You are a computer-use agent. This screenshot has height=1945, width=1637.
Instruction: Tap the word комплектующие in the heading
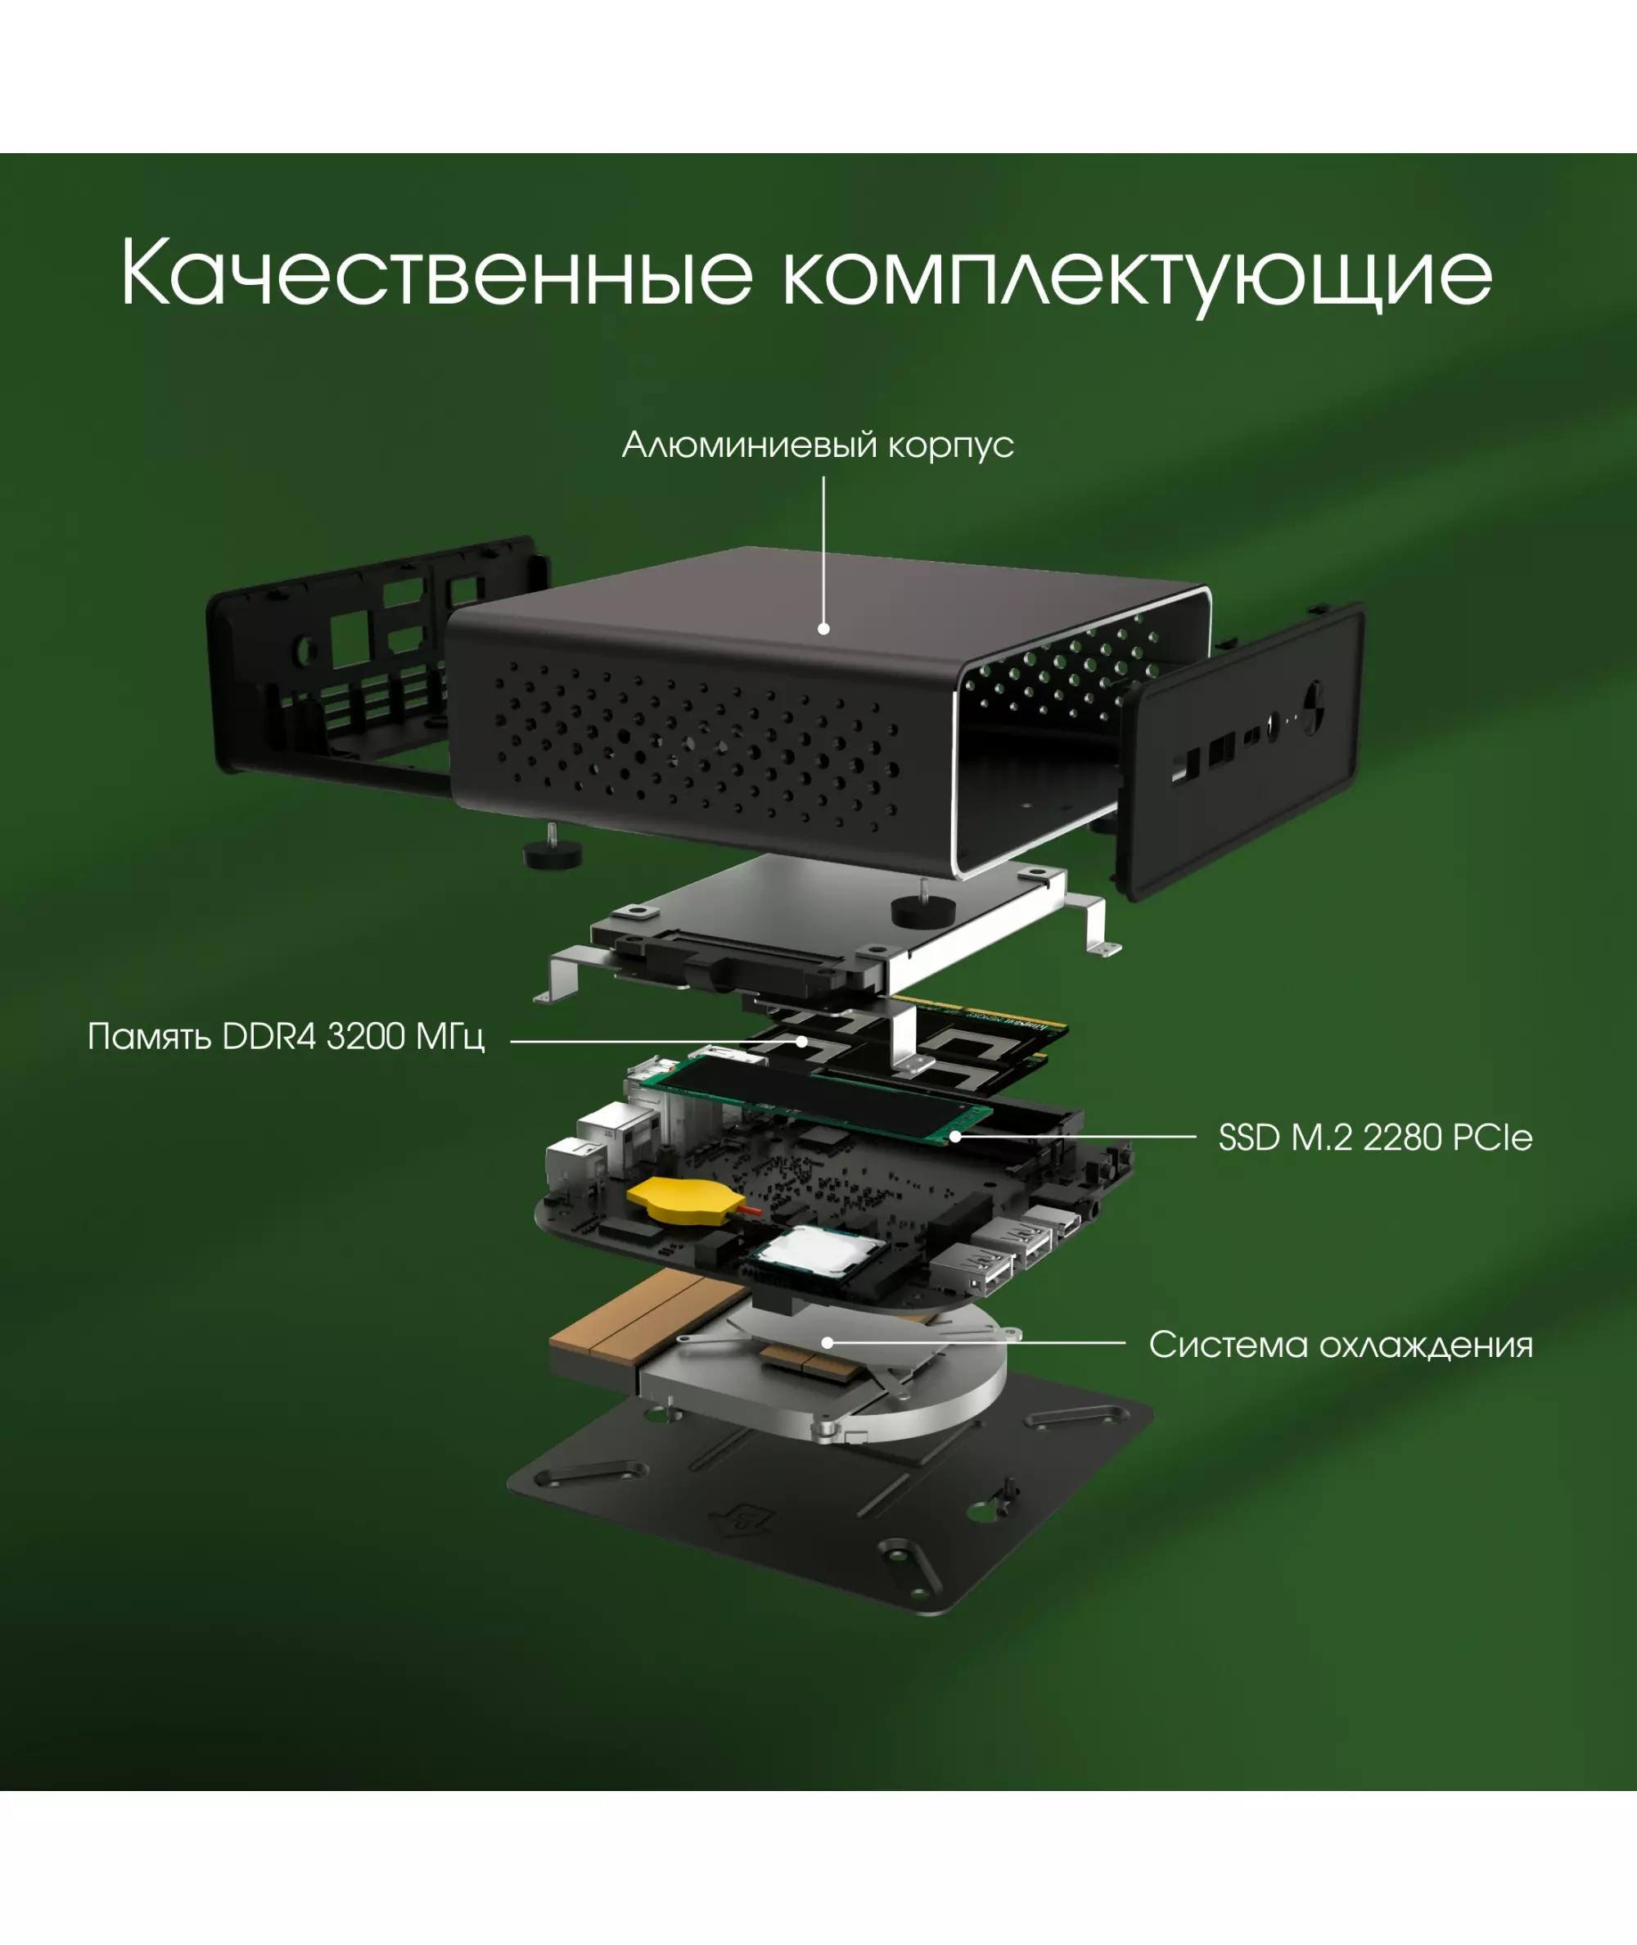[x=1138, y=277]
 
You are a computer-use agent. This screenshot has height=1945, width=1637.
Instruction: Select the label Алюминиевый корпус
[x=818, y=445]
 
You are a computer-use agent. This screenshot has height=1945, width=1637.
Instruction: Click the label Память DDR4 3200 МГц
[x=286, y=1036]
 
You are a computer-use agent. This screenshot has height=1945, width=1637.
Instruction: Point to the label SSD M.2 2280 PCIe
[x=1375, y=1138]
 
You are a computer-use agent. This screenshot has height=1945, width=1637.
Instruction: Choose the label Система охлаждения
[x=1341, y=1346]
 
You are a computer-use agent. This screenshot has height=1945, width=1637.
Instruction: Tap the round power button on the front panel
[x=1313, y=708]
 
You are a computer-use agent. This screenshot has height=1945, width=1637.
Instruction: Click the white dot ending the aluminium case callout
[x=823, y=628]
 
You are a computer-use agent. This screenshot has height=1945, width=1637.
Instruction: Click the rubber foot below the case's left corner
[x=553, y=852]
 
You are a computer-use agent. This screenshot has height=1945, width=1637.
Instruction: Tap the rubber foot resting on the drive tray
[x=922, y=907]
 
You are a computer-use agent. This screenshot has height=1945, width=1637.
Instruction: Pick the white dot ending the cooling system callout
[x=827, y=1342]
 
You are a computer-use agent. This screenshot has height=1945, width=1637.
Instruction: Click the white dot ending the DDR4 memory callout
[x=802, y=1042]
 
